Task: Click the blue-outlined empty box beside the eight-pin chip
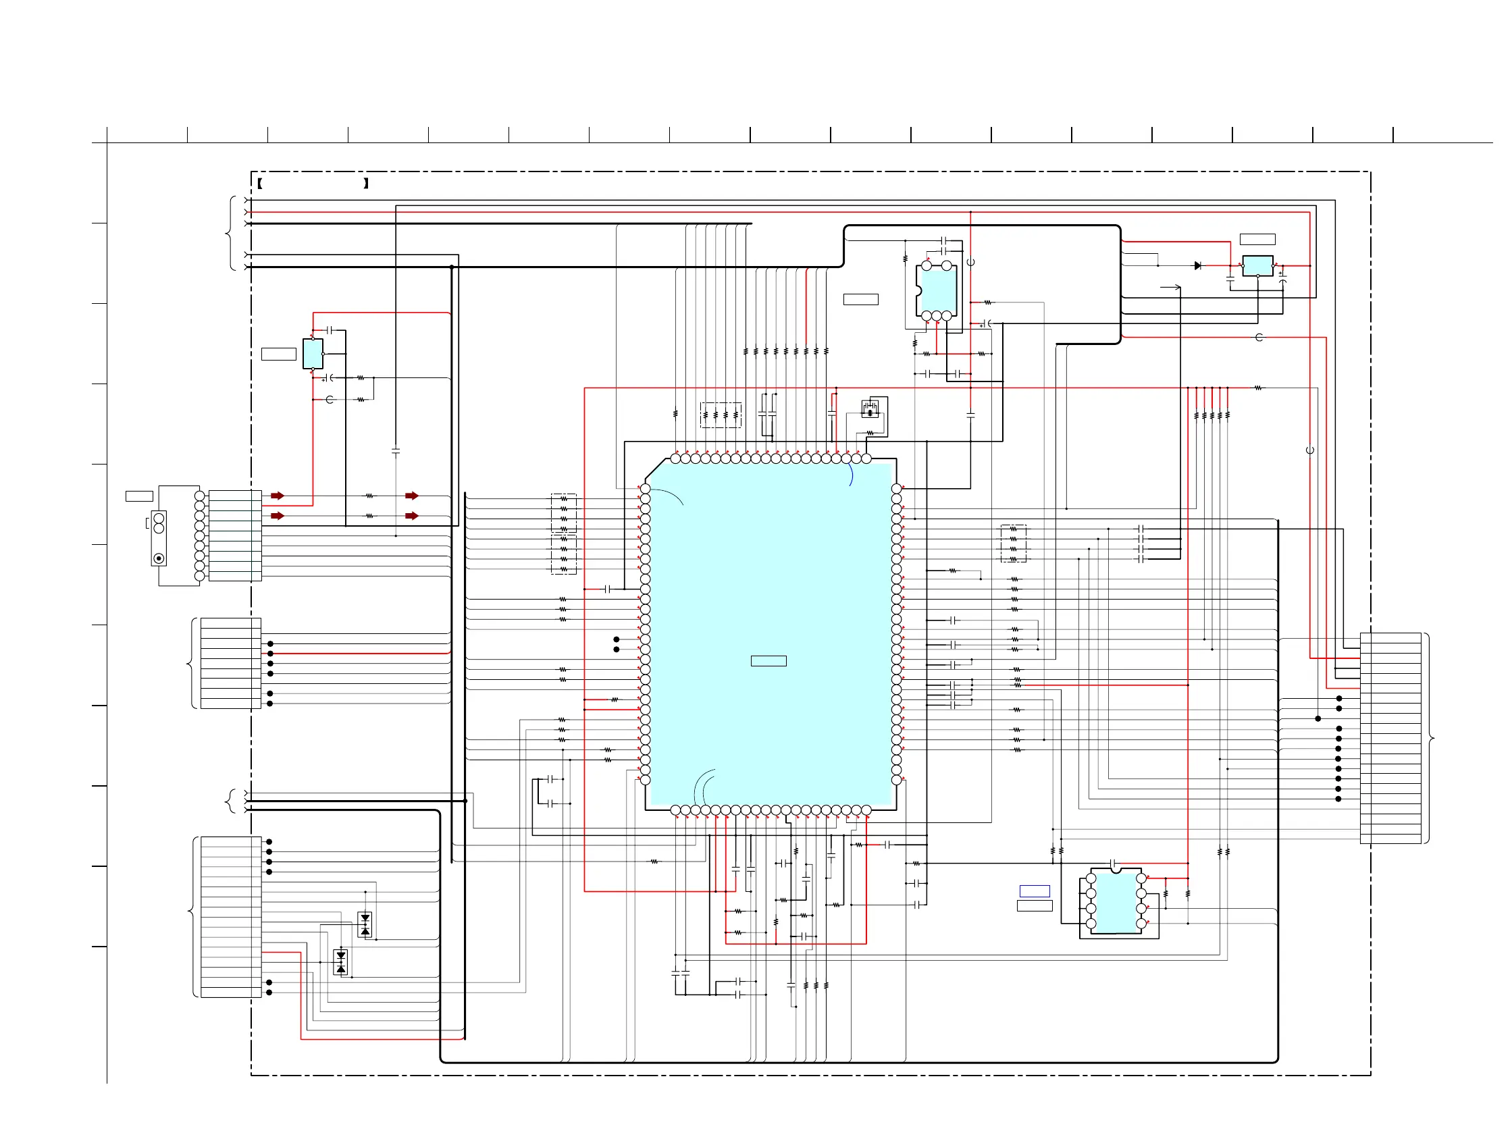1034,891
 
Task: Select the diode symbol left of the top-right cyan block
1197,266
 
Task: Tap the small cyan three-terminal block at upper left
313,353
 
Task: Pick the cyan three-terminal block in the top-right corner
1257,266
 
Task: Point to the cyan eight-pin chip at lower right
1116,902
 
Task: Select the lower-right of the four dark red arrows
411,516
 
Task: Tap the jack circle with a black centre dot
159,558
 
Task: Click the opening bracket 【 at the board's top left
261,183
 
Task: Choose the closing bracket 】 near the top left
366,183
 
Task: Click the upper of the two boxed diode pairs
365,924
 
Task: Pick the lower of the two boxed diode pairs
341,962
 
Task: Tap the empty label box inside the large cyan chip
768,661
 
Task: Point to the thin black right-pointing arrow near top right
1171,287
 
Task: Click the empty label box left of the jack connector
139,496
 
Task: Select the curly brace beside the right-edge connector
1430,738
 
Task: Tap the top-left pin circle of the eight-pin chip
1091,878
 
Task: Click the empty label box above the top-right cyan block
1257,239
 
